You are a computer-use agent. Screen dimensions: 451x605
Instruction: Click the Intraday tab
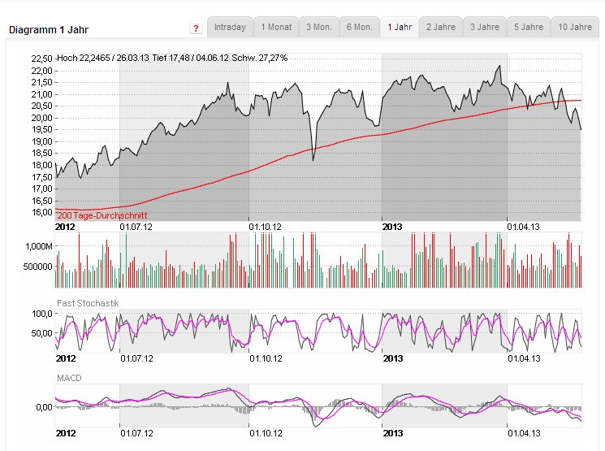[230, 27]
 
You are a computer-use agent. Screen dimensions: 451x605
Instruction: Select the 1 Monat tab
[275, 27]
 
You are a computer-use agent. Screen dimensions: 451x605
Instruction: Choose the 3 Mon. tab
[318, 27]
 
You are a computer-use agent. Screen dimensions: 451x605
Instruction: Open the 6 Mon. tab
[359, 27]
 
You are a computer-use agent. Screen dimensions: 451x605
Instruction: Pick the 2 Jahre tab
[441, 27]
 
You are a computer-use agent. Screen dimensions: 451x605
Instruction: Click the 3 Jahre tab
[485, 27]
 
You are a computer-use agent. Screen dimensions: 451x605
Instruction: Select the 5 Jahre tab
[529, 27]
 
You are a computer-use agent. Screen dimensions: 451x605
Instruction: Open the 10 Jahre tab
[575, 27]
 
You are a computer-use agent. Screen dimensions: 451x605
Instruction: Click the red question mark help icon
[197, 28]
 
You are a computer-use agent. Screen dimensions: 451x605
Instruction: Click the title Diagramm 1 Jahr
[49, 30]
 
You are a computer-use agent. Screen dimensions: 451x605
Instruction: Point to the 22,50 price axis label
[41, 59]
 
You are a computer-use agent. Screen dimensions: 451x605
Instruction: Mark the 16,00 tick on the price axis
[41, 212]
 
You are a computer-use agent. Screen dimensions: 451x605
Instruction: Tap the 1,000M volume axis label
[38, 245]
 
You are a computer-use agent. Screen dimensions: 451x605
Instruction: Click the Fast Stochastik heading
[87, 303]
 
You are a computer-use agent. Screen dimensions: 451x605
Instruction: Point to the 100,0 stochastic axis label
[41, 313]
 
